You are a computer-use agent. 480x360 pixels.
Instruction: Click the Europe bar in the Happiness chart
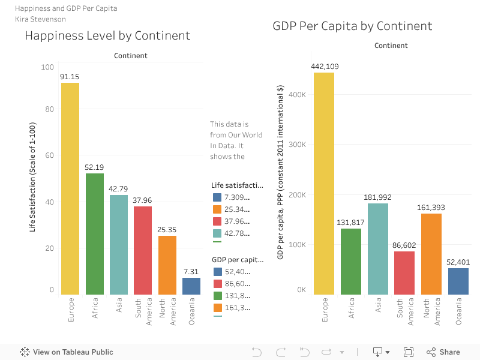coord(70,188)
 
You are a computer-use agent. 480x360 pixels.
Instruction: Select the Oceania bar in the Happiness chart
coord(191,286)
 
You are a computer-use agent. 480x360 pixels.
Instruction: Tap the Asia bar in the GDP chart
coord(378,249)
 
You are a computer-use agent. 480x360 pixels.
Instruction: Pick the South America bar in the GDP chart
coord(404,273)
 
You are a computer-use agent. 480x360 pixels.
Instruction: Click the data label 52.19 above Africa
coord(94,167)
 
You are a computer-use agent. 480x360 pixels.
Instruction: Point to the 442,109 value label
coord(325,67)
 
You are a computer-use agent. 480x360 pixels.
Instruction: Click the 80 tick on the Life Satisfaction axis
coord(47,109)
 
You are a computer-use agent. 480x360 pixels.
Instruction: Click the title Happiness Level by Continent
coord(107,35)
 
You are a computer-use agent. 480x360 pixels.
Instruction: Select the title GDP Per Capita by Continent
coord(352,26)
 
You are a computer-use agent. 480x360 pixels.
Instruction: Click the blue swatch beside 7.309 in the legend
coord(217,197)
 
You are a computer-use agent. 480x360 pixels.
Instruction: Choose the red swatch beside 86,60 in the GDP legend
coord(217,284)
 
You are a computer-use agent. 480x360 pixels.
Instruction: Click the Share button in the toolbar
coord(443,352)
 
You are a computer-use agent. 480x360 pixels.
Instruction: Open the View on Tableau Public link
coord(67,352)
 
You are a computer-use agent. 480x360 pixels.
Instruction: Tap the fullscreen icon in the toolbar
coord(409,352)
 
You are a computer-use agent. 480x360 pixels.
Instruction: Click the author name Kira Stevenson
coord(41,19)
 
